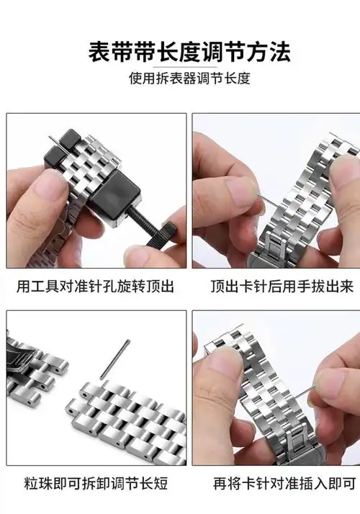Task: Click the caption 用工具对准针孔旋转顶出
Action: click(x=96, y=287)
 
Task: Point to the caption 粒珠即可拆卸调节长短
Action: click(x=96, y=482)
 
